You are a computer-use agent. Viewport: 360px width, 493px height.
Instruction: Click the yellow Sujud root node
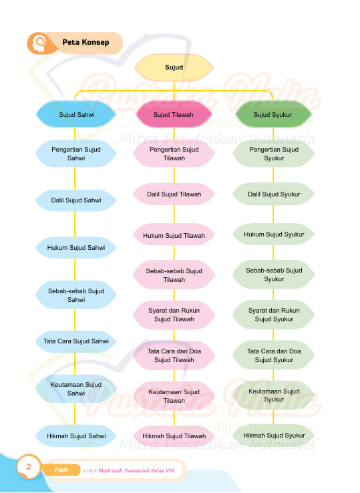(174, 67)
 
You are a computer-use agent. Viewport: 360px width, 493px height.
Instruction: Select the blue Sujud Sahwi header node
(76, 114)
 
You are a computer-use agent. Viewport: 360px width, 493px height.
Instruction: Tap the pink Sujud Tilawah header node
(174, 114)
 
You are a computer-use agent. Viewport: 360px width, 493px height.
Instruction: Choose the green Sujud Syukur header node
(273, 114)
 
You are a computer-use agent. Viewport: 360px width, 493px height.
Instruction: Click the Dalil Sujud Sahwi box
(76, 200)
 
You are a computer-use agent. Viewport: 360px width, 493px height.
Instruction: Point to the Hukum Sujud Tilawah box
(174, 235)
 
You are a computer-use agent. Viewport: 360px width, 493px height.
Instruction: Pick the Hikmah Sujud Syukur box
(274, 436)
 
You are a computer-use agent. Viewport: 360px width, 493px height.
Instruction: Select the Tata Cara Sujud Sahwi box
(76, 341)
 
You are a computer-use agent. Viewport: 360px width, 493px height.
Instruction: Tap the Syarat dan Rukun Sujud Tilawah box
(174, 315)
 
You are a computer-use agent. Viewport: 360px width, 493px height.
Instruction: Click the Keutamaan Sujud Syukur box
(274, 395)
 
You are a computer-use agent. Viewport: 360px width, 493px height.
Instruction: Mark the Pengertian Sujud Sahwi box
(76, 154)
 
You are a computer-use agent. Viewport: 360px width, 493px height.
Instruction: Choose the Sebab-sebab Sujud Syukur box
(274, 275)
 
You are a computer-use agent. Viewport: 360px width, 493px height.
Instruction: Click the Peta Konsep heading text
(85, 42)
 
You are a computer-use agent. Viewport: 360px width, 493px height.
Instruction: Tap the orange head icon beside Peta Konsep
(40, 43)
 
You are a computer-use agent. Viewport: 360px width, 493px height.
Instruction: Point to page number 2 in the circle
(29, 466)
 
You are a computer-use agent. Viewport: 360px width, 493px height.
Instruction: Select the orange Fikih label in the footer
(61, 470)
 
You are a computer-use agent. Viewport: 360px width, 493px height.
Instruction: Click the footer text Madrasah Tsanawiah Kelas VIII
(136, 470)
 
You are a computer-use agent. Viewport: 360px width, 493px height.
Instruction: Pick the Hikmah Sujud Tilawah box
(174, 436)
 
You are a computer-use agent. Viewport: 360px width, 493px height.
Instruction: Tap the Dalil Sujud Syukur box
(274, 194)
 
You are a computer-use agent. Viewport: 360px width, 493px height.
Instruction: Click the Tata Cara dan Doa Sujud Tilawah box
(174, 355)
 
